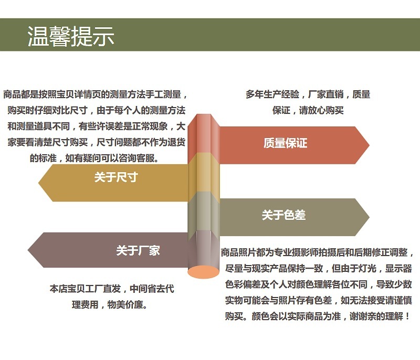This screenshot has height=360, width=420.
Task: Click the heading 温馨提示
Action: coord(71,36)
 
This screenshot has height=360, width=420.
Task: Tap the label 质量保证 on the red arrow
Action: coord(285,143)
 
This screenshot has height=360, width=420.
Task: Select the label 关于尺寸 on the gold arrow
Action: coord(116,177)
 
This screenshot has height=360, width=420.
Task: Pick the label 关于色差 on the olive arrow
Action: coord(283,215)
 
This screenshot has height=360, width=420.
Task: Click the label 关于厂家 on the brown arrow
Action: coord(138,250)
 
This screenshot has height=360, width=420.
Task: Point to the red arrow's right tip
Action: coord(369,145)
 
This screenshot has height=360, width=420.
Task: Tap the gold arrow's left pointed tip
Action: coord(38,183)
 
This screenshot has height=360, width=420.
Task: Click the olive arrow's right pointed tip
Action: coord(369,217)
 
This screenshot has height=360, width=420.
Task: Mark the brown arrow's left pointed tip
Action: coord(28,250)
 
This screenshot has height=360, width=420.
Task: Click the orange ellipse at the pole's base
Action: coord(203,272)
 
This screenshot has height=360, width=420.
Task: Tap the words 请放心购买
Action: coord(321,110)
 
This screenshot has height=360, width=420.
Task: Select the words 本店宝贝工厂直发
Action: coord(85,289)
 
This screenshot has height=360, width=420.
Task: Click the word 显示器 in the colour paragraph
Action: coord(398,268)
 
